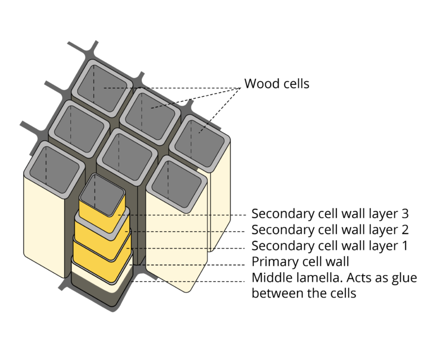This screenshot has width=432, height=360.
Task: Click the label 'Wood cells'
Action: pos(277,84)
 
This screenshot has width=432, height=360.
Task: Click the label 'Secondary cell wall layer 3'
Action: pos(329,214)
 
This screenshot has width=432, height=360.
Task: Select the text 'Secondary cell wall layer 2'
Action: pos(329,230)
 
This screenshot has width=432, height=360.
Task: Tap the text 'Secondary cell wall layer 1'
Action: pos(329,246)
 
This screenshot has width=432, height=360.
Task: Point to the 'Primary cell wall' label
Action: pos(300,262)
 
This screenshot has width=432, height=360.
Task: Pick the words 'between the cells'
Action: pos(304,294)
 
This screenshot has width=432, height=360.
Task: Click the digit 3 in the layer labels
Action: pos(403,214)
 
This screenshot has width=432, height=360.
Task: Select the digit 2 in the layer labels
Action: pos(403,230)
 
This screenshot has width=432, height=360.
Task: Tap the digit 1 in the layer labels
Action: pos(403,246)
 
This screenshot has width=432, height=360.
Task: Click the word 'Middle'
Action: pos(271,278)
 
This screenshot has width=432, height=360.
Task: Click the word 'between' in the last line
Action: pos(276,294)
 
